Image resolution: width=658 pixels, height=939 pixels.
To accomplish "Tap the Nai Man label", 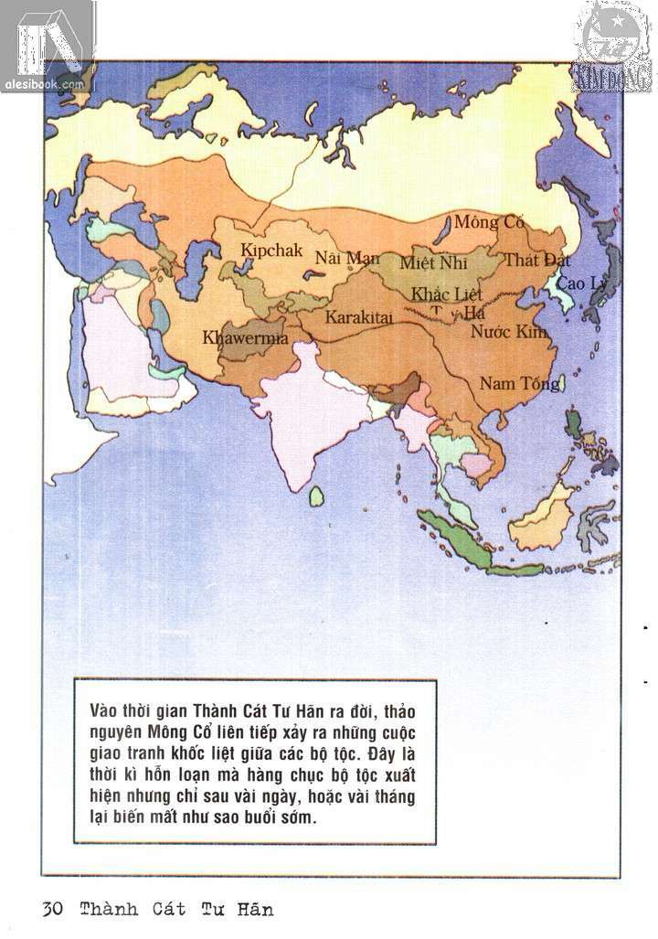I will [x=347, y=258].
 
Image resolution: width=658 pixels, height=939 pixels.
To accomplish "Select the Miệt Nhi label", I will [x=431, y=262].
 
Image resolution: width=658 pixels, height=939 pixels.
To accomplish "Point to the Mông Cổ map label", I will [x=489, y=221].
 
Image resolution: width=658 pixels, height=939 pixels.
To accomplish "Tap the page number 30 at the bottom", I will [x=52, y=910].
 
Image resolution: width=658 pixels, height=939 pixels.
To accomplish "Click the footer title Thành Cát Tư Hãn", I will [x=176, y=910].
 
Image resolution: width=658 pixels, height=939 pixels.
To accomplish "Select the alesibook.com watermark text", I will [x=47, y=83].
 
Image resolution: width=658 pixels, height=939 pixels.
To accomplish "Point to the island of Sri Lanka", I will [x=317, y=496].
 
